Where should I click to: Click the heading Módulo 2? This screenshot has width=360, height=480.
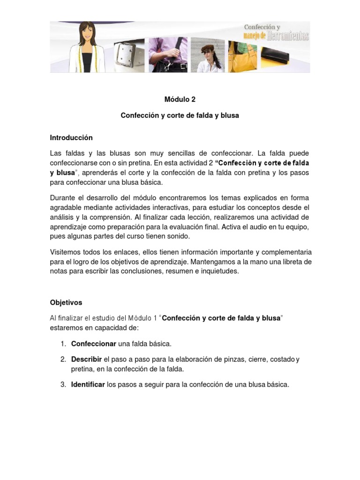180,99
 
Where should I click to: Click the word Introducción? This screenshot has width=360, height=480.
71,138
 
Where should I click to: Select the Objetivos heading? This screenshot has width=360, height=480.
66,303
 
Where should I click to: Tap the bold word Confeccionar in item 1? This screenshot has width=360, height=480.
94,344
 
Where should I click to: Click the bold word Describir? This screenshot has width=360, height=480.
86,360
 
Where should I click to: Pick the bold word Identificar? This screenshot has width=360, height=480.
88,385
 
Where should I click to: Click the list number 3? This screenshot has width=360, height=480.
63,385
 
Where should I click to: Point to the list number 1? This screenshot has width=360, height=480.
63,344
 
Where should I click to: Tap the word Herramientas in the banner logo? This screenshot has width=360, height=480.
288,36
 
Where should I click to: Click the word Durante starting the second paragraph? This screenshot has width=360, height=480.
63,198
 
